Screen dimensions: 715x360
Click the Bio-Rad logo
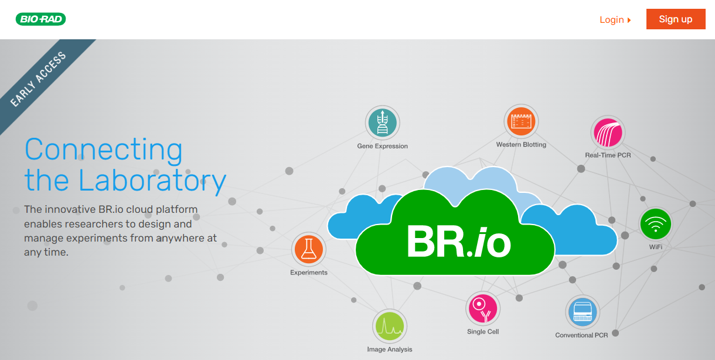40,19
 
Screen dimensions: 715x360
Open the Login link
615,20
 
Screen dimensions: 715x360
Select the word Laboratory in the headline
152,181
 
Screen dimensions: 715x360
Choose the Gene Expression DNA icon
382,123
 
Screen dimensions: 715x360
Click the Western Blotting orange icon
521,121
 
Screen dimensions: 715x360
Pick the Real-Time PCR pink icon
608,133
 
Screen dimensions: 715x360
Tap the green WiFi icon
656,224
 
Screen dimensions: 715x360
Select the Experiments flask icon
309,249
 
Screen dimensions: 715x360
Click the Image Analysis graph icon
389,326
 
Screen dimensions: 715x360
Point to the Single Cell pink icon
483,308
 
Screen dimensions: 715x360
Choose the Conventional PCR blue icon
583,312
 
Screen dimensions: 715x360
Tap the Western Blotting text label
521,144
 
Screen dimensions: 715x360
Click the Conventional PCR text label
581,335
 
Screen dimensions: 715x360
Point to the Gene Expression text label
382,146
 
